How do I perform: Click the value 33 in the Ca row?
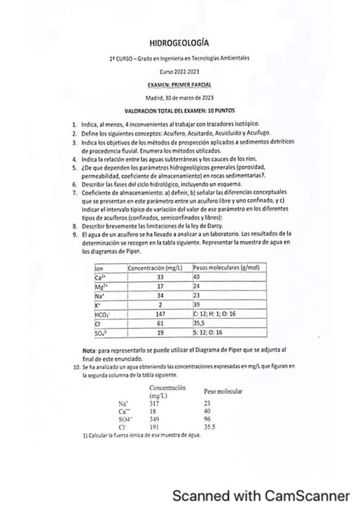[160, 277]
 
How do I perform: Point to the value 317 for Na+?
[154, 404]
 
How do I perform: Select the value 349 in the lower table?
[154, 418]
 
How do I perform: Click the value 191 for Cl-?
[154, 425]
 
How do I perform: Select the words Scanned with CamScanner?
[261, 496]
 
